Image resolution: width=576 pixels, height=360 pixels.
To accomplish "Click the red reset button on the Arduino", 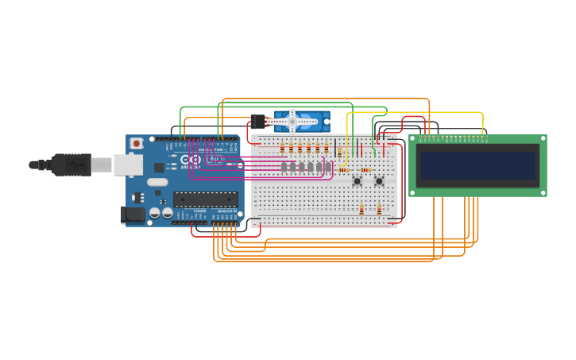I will pos(137,144).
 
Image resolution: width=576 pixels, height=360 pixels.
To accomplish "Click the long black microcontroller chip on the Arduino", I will pos(205,199).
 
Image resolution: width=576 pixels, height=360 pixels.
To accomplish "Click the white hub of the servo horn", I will pos(292,121).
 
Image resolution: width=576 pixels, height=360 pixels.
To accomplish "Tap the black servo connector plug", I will pos(258,121).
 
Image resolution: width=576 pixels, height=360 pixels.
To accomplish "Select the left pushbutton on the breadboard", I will pos(358,181).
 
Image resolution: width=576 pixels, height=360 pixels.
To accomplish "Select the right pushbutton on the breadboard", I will pos(379,181).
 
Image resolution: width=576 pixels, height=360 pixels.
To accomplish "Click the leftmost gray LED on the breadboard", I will pos(284,167).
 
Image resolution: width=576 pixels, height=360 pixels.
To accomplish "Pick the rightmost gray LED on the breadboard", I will pos(328,167).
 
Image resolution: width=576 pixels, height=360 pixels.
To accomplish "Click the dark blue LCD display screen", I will pos(478,165).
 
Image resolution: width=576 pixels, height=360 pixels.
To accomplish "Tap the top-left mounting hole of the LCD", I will pos(413,139).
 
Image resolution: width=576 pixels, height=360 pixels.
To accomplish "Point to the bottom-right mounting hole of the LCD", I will pos(543,192).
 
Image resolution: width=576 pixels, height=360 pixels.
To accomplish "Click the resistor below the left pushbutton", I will pos(361,209).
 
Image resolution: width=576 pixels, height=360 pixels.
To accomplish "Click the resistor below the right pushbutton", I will pos(379,209).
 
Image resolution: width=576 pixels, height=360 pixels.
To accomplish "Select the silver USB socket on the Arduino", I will pos(127,165).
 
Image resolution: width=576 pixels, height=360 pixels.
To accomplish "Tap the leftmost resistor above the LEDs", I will pos(282,148).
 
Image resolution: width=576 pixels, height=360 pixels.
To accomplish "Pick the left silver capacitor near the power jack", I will pos(156,212).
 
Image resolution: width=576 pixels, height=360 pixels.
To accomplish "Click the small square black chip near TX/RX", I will pos(159,168).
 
